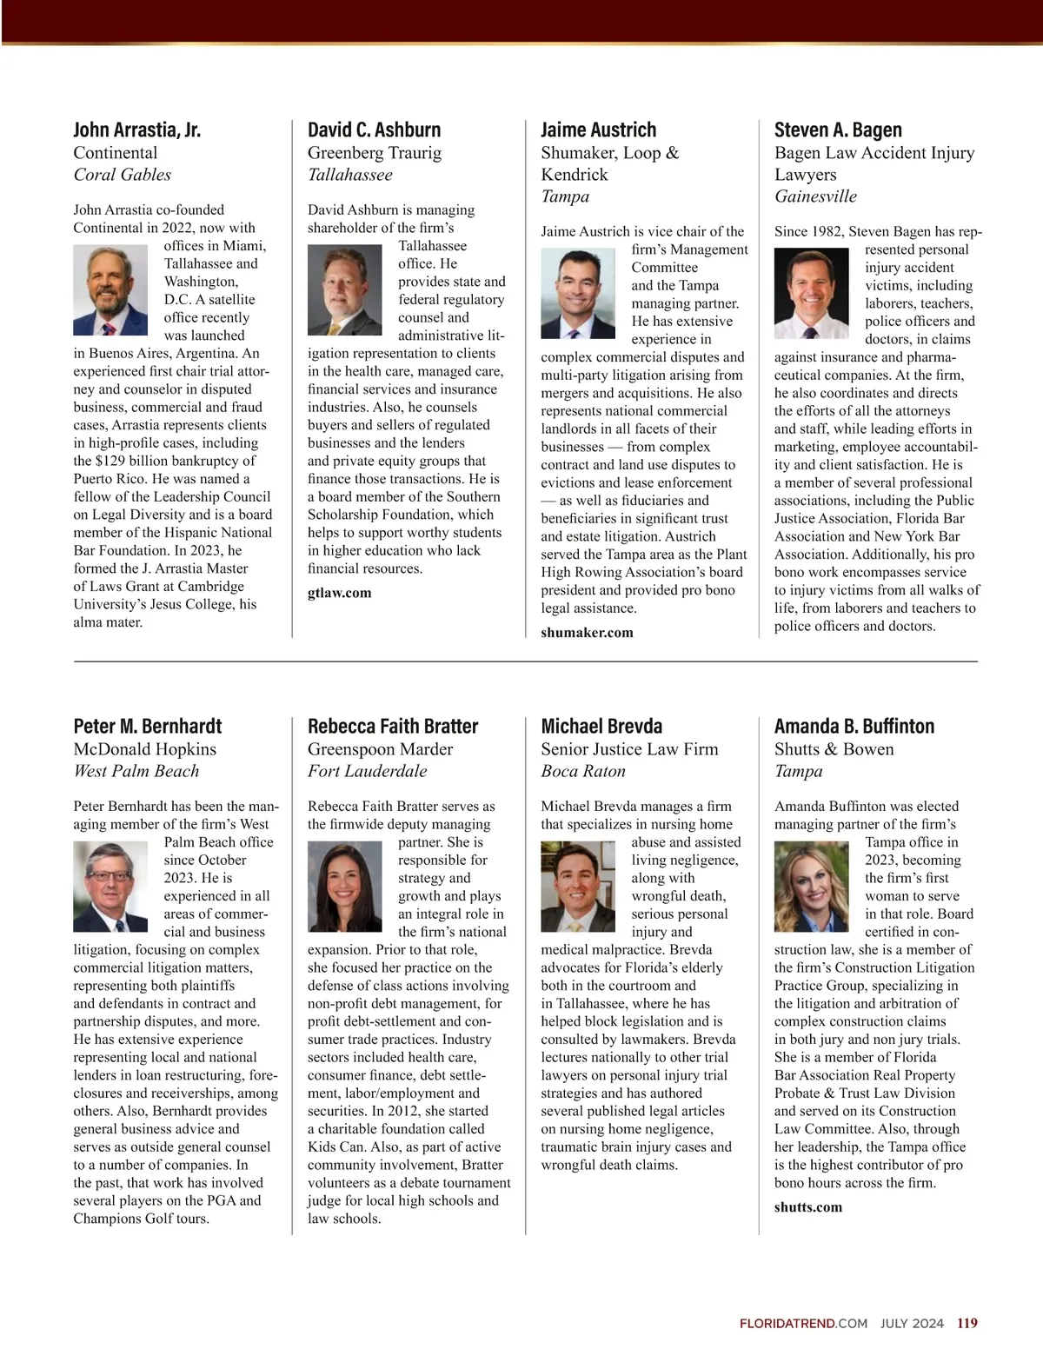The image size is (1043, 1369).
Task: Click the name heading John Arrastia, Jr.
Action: point(136,130)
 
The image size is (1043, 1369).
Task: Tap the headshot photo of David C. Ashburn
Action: point(344,289)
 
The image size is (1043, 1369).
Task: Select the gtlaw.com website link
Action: point(339,593)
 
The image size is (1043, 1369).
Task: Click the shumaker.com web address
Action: point(587,633)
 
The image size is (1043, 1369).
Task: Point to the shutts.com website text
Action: point(807,1207)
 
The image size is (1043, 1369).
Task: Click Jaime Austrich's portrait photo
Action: point(578,294)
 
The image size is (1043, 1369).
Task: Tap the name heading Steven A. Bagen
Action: point(838,130)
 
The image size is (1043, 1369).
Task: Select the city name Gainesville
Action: point(815,196)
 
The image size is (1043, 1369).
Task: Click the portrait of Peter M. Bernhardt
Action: point(110,887)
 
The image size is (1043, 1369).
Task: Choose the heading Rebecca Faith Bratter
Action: point(393,727)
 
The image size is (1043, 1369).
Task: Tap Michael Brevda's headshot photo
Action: point(578,887)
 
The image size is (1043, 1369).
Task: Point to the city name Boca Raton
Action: point(583,771)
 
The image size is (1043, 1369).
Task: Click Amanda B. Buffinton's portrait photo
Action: point(811,887)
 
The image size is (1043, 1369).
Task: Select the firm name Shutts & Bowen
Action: point(834,749)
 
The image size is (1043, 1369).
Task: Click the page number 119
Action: point(967,1324)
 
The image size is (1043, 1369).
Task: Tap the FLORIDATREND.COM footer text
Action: point(803,1324)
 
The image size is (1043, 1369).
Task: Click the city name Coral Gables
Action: point(122,175)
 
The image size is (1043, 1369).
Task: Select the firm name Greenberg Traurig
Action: point(374,153)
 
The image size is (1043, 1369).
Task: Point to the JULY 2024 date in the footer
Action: point(911,1324)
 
